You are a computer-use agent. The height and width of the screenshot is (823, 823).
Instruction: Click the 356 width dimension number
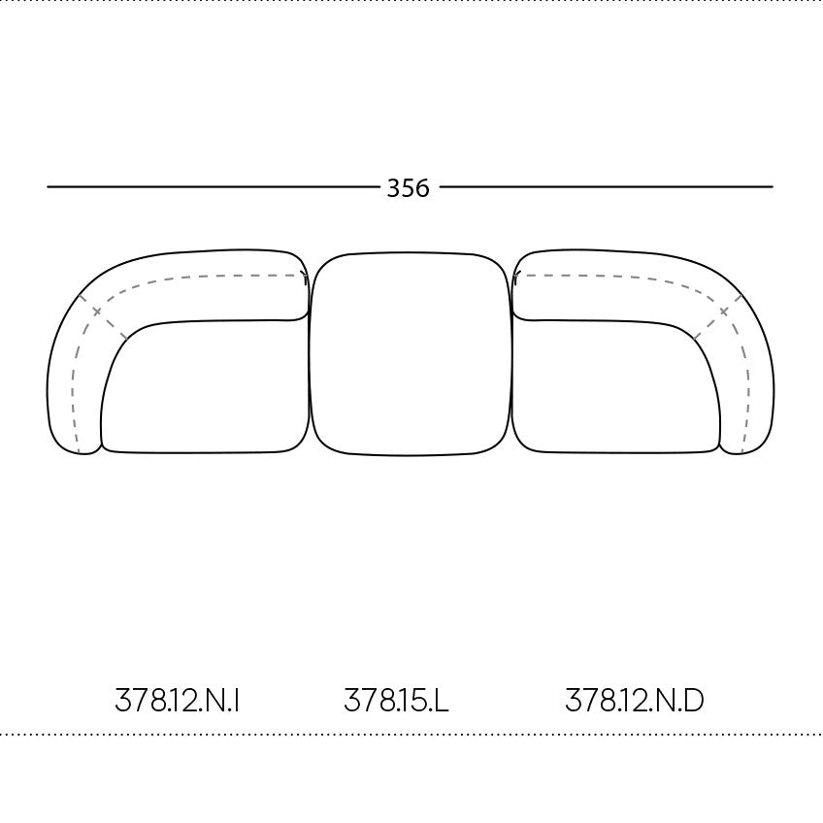pyautogui.click(x=408, y=188)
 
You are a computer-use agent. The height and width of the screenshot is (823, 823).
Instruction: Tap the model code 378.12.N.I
pyautogui.click(x=178, y=700)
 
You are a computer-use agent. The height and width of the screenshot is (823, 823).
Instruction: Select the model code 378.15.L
pyautogui.click(x=396, y=700)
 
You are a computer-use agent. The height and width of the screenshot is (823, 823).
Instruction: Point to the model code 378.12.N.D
pyautogui.click(x=634, y=700)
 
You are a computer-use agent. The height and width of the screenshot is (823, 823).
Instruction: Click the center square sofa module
pyautogui.click(x=410, y=354)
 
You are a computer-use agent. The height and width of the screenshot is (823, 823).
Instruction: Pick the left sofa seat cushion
pyautogui.click(x=205, y=386)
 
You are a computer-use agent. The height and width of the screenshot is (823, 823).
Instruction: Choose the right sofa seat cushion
pyautogui.click(x=616, y=386)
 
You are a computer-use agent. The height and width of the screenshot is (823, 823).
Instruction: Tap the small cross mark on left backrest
pyautogui.click(x=97, y=312)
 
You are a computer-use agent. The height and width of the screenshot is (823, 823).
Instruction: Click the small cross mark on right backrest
pyautogui.click(x=724, y=312)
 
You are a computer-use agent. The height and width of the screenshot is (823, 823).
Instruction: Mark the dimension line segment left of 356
pyautogui.click(x=213, y=186)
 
